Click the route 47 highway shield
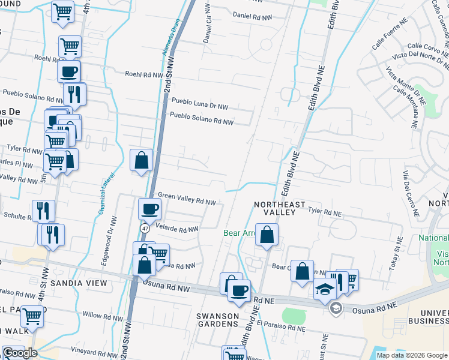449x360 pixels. pos(145,229)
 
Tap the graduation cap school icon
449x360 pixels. pos(325,289)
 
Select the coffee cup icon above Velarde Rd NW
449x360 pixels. pos(149,209)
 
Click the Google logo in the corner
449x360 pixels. pos(20,353)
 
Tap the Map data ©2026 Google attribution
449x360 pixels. pos(411,355)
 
